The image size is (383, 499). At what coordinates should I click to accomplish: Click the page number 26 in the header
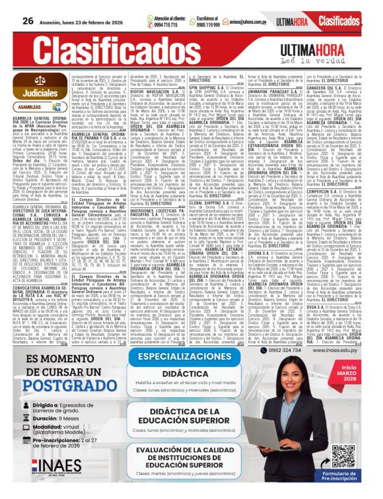(x=28, y=20)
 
